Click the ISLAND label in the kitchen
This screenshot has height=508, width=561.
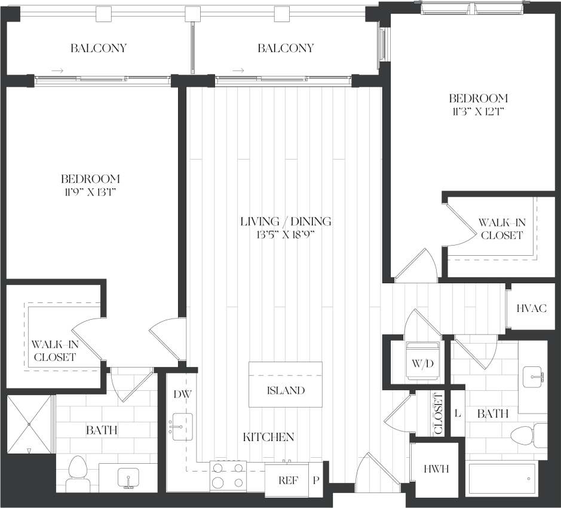click(286, 391)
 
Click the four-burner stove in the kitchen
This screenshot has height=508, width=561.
click(228, 476)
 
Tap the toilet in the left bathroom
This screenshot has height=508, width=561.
click(78, 475)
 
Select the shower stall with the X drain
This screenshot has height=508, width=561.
click(29, 424)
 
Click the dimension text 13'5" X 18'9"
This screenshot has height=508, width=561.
click(285, 234)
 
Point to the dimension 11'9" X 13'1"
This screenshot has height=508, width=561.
click(90, 191)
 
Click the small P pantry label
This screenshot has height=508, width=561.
click(316, 480)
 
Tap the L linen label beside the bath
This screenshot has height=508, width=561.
click(457, 412)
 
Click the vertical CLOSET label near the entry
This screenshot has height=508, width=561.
click(438, 414)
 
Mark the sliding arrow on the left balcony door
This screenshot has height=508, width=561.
click(57, 71)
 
